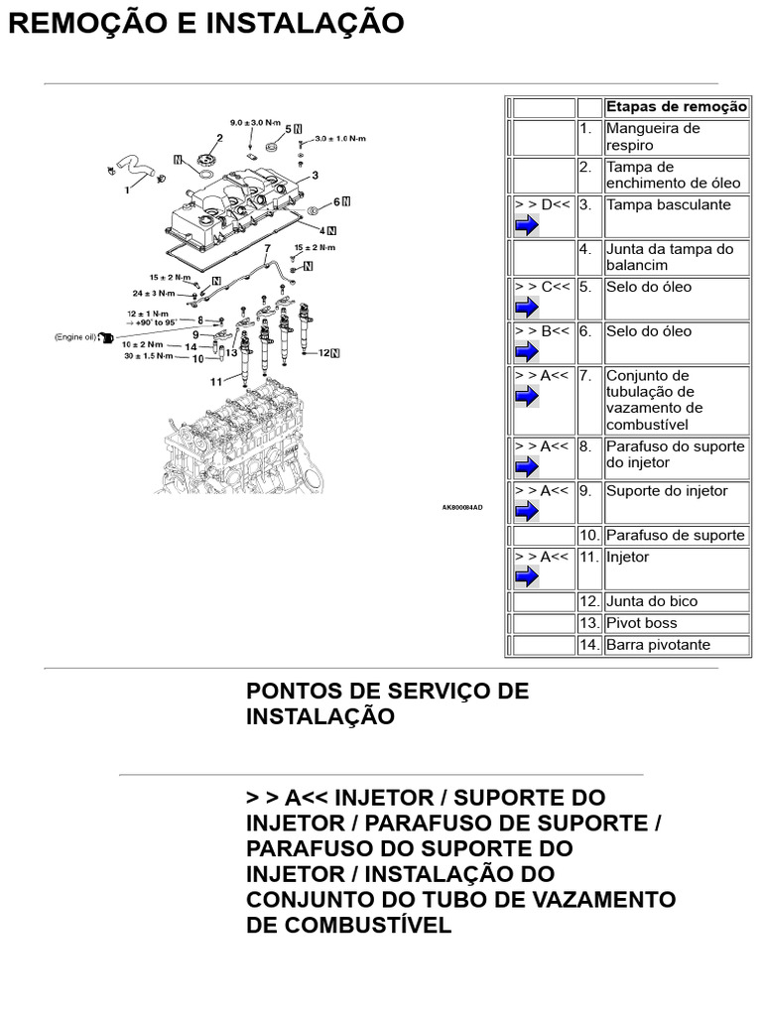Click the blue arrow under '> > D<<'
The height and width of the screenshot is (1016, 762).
[527, 225]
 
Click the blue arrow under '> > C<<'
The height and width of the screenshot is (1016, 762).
[527, 308]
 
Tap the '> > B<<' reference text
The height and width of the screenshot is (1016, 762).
[542, 331]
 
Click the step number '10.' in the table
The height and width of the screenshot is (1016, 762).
[589, 536]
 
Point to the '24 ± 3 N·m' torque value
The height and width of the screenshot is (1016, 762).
[153, 294]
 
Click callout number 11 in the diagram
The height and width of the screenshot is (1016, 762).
[216, 381]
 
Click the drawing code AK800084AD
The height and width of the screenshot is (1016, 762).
[462, 507]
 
